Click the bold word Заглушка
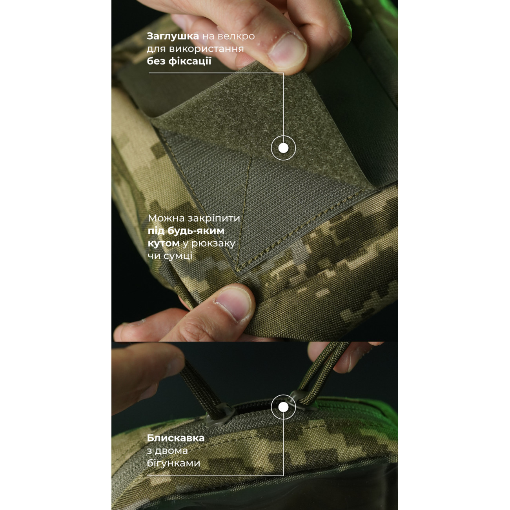click(x=173, y=36)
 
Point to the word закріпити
click(x=214, y=219)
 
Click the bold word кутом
click(x=164, y=244)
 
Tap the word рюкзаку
click(x=213, y=244)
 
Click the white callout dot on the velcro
click(x=284, y=148)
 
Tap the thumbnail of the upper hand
click(x=288, y=50)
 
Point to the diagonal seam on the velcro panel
click(x=244, y=209)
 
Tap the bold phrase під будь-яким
click(x=186, y=231)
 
